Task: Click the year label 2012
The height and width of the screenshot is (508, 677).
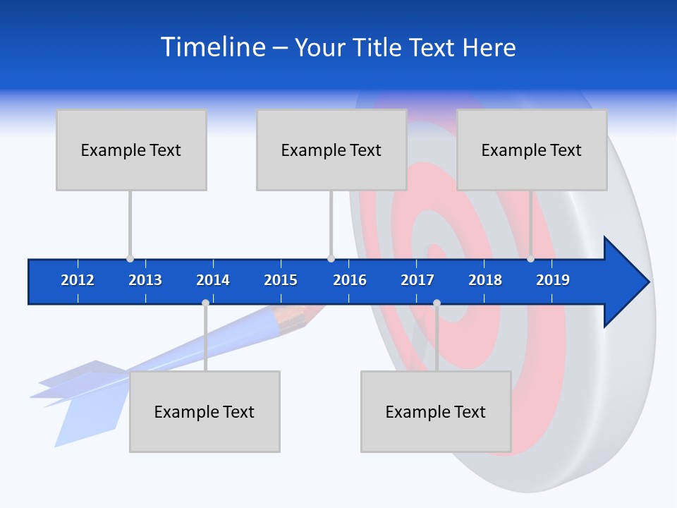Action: (x=78, y=280)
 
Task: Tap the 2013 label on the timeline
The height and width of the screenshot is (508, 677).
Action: (x=145, y=280)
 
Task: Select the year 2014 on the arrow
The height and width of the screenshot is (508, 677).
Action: (x=213, y=280)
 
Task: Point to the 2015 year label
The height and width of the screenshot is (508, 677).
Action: (x=281, y=280)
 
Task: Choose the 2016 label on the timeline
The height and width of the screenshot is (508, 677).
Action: (x=350, y=280)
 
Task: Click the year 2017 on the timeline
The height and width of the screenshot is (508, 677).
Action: (x=417, y=280)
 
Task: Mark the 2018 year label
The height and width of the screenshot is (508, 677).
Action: (x=485, y=280)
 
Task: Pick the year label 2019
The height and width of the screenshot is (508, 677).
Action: (x=553, y=280)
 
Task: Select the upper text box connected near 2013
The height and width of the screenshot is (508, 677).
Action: (x=131, y=150)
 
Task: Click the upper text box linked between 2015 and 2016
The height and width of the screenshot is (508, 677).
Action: (x=331, y=150)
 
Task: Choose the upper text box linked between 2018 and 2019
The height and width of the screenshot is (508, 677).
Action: (x=532, y=150)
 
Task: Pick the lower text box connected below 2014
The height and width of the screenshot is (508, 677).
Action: (x=205, y=411)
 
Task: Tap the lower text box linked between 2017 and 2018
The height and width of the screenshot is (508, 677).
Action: (x=436, y=411)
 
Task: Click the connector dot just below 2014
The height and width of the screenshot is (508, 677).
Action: (x=205, y=303)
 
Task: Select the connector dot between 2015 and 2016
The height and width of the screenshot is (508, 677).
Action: (x=331, y=259)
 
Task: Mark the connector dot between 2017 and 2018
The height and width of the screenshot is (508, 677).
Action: (x=437, y=303)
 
